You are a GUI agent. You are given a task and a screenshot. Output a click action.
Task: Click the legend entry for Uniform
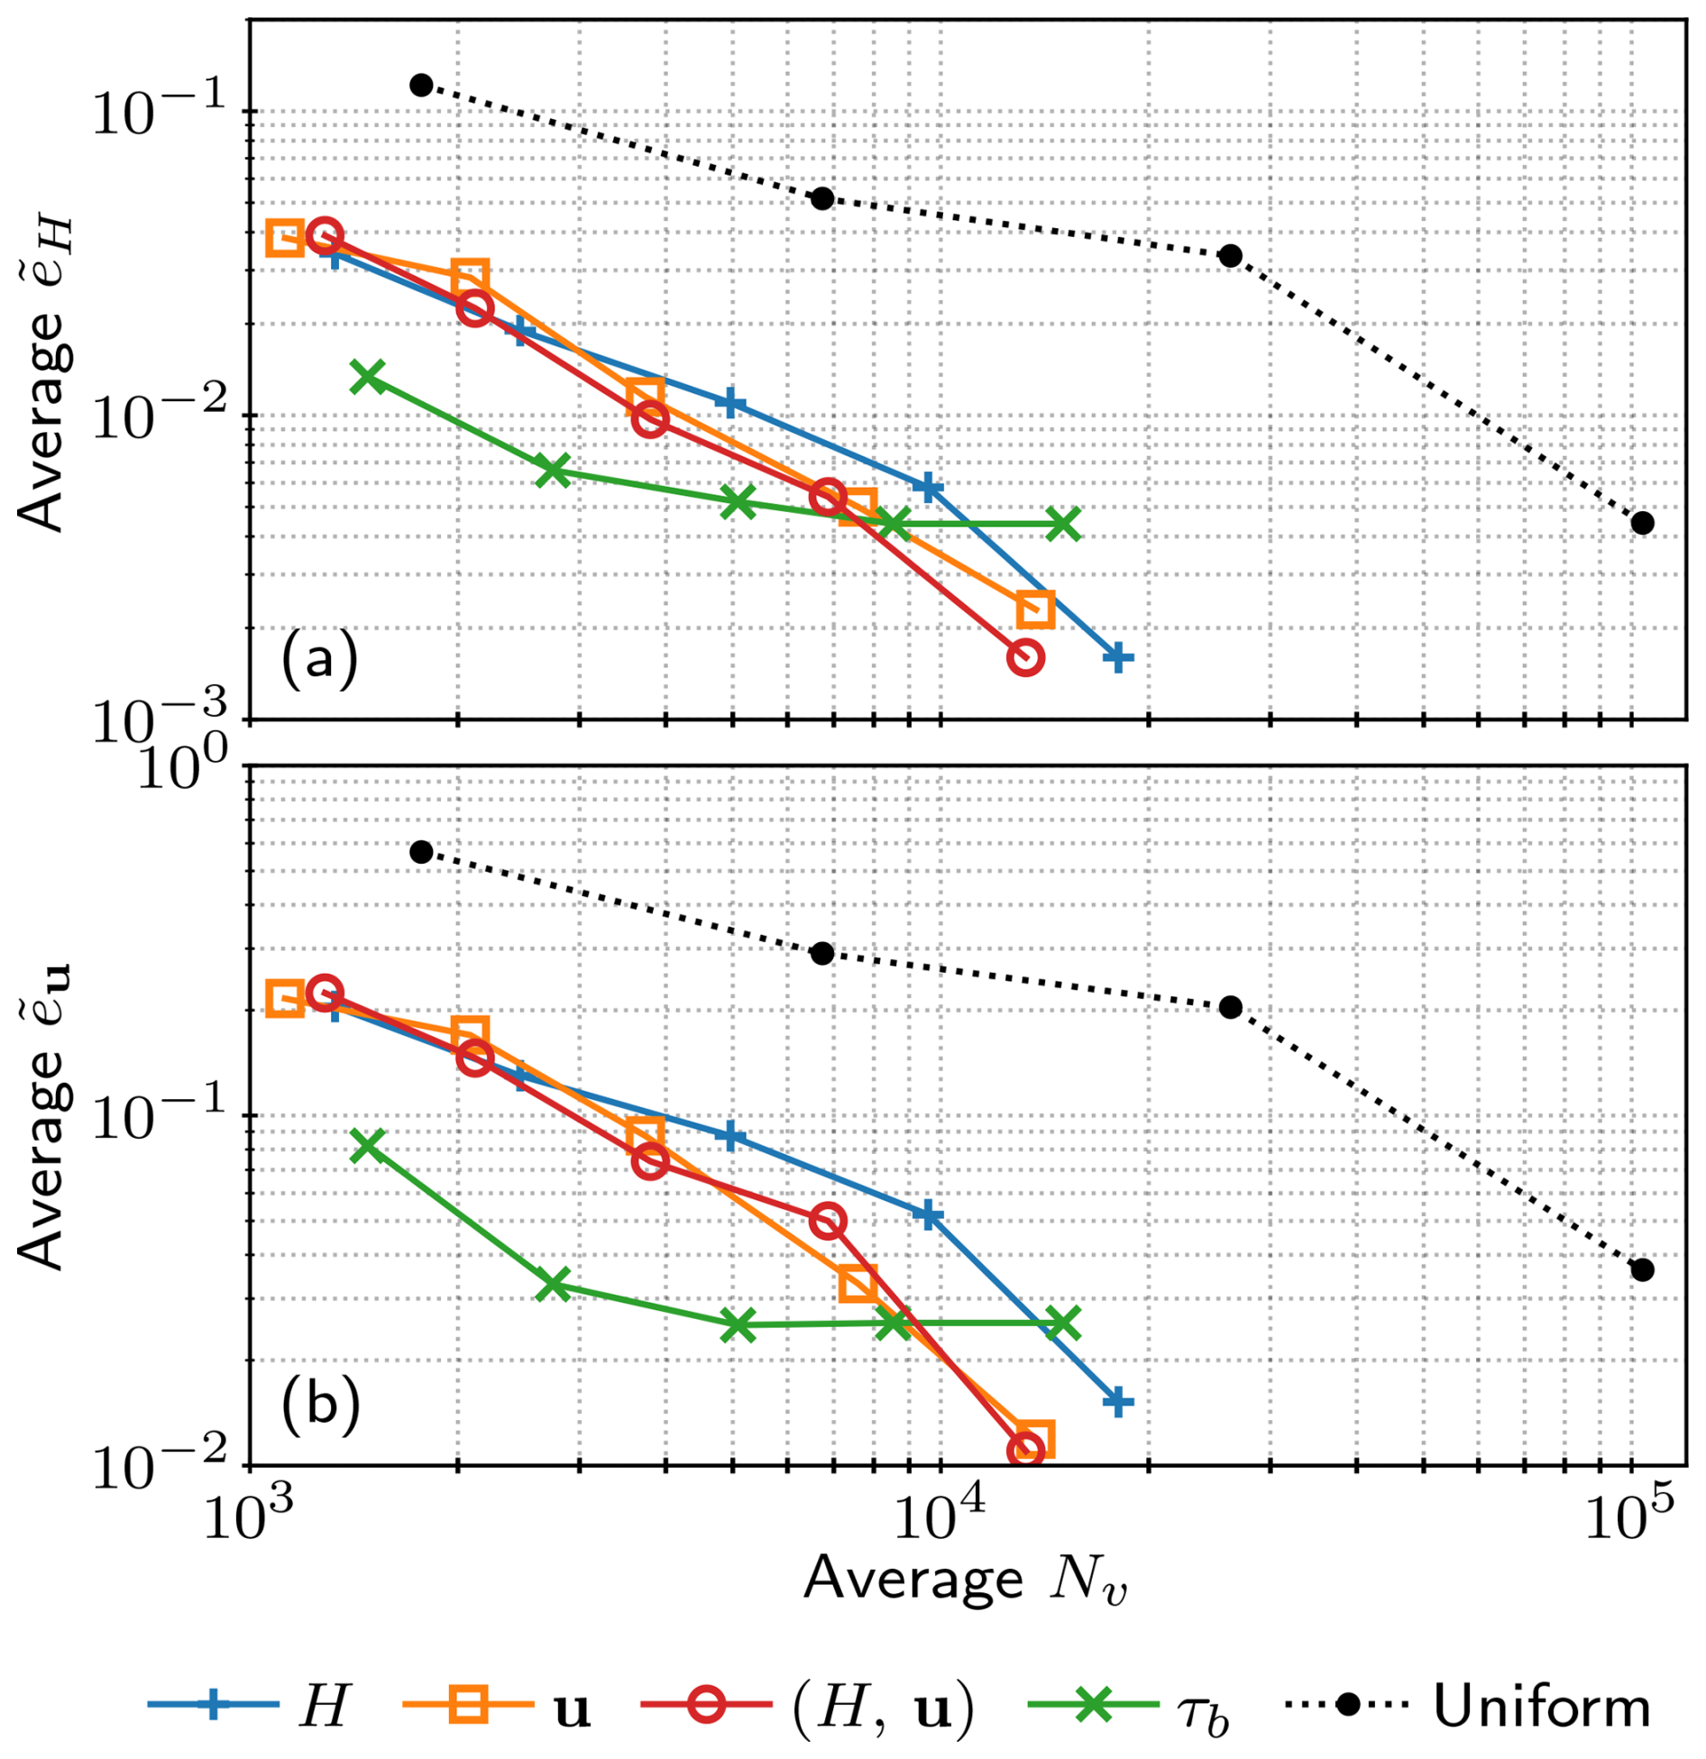pyautogui.click(x=1467, y=1707)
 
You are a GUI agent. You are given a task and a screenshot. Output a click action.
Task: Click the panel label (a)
pyautogui.click(x=320, y=661)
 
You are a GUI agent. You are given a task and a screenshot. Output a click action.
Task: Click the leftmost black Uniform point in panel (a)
pyautogui.click(x=421, y=86)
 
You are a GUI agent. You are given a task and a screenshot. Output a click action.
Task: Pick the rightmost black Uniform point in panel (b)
pyautogui.click(x=1642, y=1269)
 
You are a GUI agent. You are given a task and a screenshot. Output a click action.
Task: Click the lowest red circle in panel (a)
pyautogui.click(x=1025, y=657)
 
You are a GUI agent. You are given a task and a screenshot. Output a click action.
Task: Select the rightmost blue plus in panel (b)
pyautogui.click(x=1118, y=1402)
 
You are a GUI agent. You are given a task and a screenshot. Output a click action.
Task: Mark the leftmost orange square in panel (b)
pyautogui.click(x=285, y=1000)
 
